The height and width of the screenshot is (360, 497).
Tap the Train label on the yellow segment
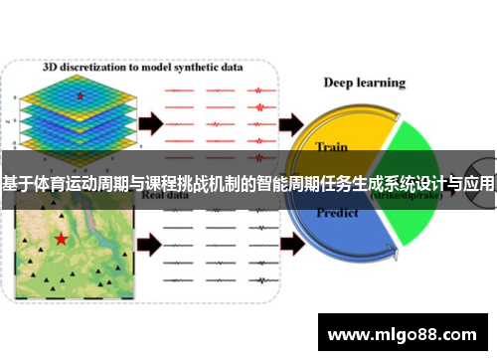tap(331, 147)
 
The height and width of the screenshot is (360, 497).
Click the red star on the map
tap(61, 239)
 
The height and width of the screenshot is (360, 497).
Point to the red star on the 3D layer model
tap(81, 95)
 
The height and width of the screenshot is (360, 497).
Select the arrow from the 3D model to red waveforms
tap(149, 123)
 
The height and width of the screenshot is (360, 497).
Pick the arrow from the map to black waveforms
tap(149, 241)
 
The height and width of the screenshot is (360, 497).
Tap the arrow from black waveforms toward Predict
tap(293, 241)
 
